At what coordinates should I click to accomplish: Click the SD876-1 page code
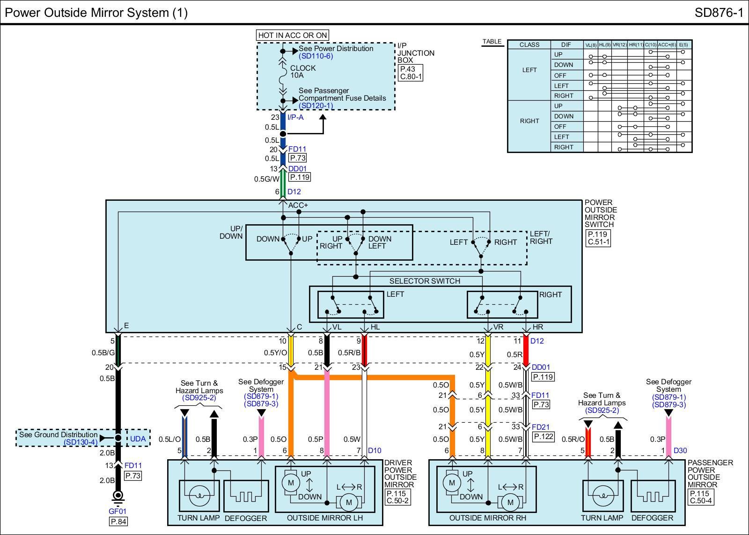pos(719,13)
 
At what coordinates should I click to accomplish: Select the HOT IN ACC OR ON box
pos(293,35)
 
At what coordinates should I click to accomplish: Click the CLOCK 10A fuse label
pos(302,72)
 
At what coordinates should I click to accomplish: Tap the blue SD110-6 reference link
pos(316,56)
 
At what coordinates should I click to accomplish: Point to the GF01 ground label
pos(117,511)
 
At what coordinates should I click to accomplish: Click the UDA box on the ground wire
pos(138,439)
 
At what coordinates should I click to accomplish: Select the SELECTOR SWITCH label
pos(425,281)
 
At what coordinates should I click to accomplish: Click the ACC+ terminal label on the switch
pos(298,205)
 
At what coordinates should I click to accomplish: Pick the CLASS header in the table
pos(529,45)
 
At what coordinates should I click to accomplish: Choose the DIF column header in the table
pos(566,45)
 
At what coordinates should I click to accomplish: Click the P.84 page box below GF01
pos(118,521)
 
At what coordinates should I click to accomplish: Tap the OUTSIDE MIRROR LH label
pos(325,518)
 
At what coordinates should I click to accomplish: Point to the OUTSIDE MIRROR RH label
pos(487,518)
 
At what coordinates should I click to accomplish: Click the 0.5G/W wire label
pos(266,179)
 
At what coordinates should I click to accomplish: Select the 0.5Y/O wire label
pos(275,353)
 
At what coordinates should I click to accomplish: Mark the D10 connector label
pos(374,450)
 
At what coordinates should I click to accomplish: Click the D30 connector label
pos(680,450)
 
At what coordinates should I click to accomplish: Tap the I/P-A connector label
pos(295,117)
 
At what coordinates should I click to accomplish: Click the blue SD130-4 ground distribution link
pos(81,442)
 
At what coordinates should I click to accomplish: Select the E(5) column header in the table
pos(683,45)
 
